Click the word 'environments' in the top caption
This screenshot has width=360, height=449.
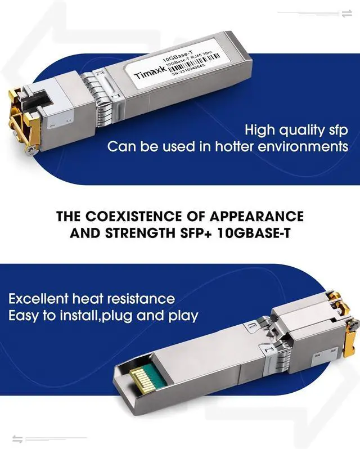pos(303,147)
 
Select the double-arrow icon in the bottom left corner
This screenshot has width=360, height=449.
pos(17,438)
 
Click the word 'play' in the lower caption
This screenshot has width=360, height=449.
pos(183,316)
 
